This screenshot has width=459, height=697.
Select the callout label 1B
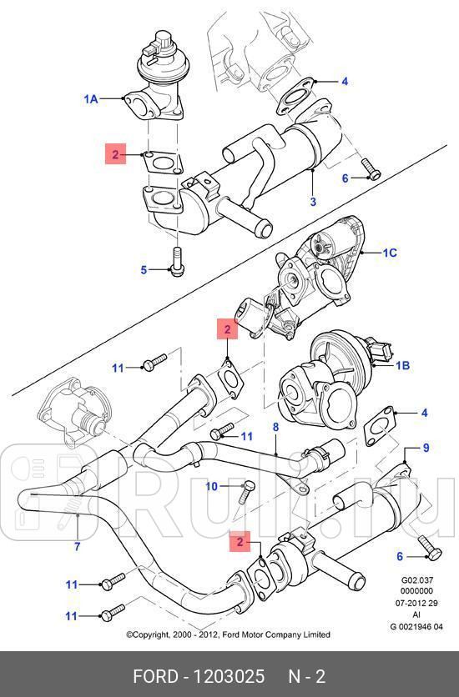point(401,365)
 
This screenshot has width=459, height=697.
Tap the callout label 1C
point(390,252)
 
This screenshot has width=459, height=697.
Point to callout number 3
point(313,202)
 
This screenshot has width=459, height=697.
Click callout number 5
point(144,269)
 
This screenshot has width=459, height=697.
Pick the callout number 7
point(77,546)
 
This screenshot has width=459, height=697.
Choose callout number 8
point(275,428)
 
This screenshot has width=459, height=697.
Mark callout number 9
point(426,448)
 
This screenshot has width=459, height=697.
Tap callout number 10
point(212,486)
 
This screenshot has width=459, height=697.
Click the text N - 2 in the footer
point(306,676)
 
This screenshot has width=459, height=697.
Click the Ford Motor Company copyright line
point(228,634)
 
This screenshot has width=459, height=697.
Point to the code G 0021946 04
point(416,627)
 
